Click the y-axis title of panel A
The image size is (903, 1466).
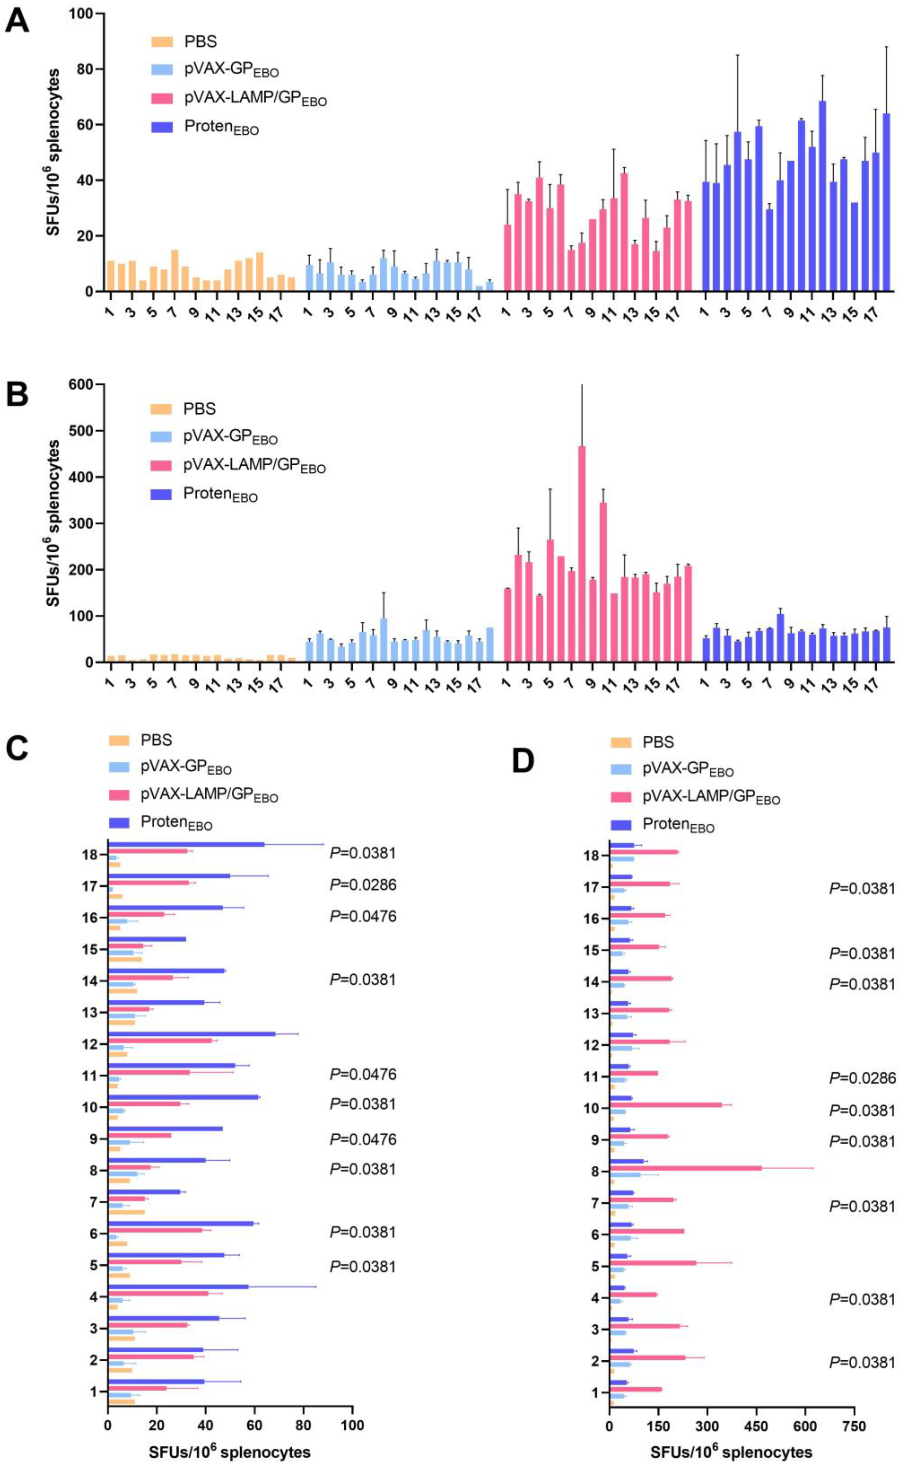click(x=54, y=152)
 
